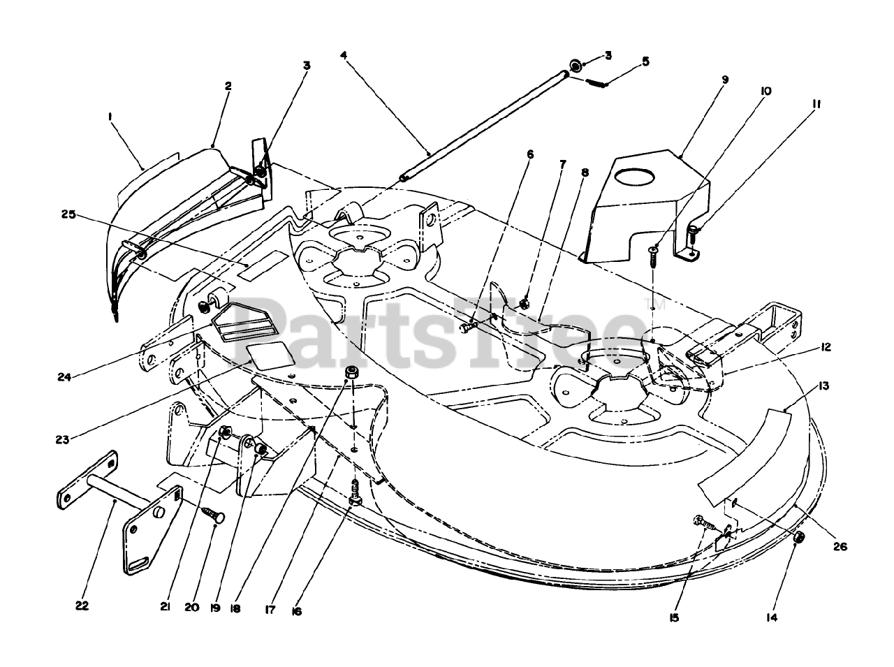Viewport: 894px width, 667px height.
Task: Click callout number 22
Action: (82, 606)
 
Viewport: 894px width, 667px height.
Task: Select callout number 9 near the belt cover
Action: (724, 80)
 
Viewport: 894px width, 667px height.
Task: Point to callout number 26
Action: (840, 547)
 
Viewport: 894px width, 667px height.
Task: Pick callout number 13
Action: (825, 386)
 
